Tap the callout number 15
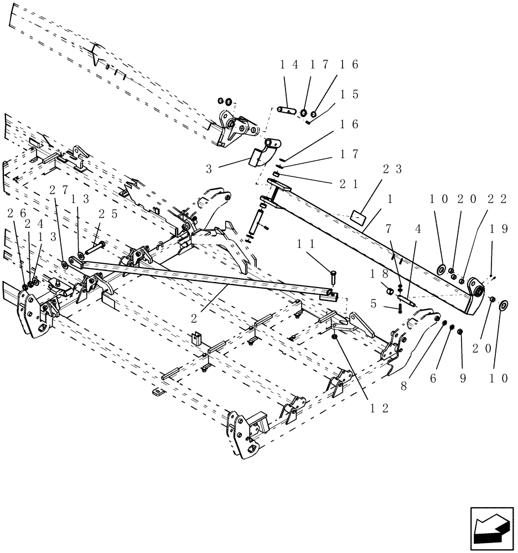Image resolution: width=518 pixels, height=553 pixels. click(350, 95)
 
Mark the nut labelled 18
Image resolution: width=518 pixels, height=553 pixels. click(389, 290)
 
